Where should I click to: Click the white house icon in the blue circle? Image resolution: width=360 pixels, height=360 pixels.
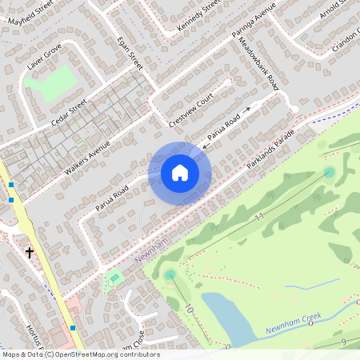180,173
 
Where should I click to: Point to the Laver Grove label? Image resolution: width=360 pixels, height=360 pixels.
43,62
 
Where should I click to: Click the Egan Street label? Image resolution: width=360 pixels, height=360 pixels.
129,53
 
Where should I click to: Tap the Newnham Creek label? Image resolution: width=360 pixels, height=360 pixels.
294,322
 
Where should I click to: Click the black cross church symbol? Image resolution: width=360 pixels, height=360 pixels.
30,253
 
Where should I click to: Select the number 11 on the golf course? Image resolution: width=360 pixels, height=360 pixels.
258,217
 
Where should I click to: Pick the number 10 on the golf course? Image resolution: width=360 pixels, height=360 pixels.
189,307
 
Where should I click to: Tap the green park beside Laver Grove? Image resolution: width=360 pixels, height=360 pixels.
57,83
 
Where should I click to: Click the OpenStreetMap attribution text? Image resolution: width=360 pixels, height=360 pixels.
80,354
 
